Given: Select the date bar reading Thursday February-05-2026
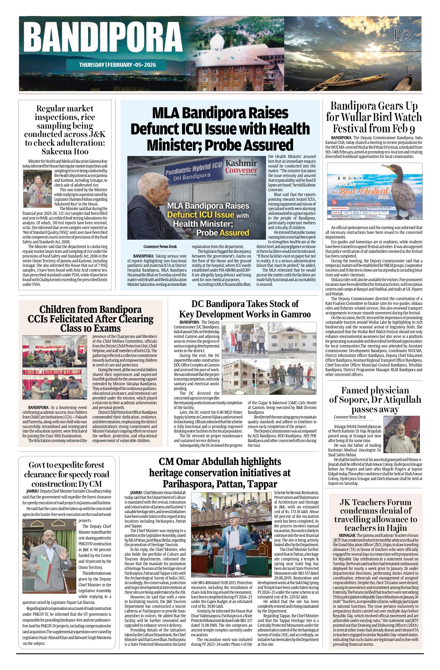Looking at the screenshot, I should [117, 65].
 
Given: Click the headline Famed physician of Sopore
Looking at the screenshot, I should [375, 400].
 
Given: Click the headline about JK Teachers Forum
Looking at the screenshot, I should [375, 515].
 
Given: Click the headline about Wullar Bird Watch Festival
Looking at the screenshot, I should [374, 117].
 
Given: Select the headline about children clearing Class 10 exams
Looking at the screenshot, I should [90, 319].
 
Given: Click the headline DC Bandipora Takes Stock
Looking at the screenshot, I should [245, 309].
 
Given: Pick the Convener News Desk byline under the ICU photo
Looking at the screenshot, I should [160, 247].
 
